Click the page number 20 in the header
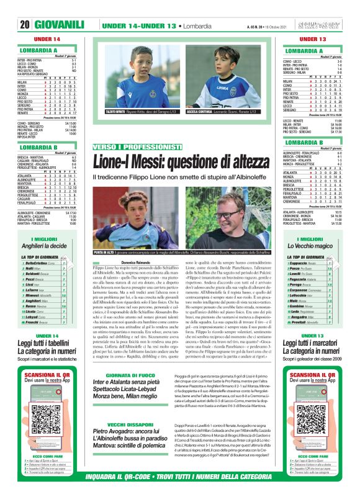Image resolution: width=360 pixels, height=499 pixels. (25, 8)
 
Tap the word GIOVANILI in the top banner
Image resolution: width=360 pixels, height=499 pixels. (60, 8)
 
